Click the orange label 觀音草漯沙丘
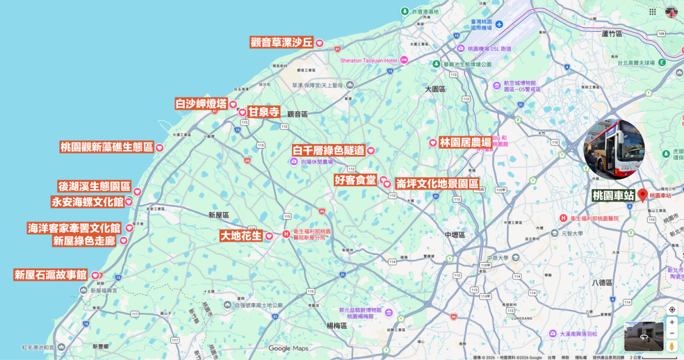(282, 43)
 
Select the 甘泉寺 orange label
(264, 112)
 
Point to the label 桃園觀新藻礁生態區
(107, 147)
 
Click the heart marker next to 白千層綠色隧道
(370, 151)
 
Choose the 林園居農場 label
(465, 142)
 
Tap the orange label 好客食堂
(355, 180)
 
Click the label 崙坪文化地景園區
(437, 183)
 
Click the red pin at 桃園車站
(643, 195)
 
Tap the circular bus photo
(615, 149)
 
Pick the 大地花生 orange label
(241, 235)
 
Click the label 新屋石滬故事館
(50, 275)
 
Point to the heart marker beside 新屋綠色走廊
(123, 241)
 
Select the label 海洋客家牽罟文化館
(74, 228)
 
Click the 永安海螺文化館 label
(87, 202)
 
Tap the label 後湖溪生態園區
(95, 186)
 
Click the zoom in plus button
(672, 322)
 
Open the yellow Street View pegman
(672, 346)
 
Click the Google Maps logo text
(288, 348)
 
